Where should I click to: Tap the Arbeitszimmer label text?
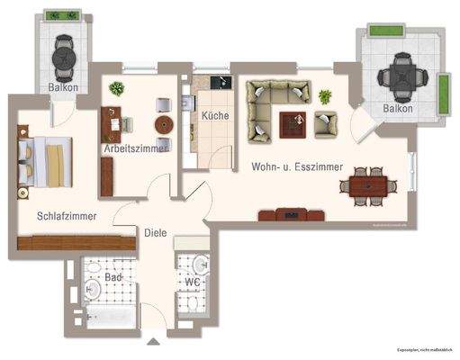coord(133,149)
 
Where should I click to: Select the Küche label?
coord(214,115)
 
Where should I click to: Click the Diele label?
coord(155,232)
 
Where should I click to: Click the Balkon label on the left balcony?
coord(63,87)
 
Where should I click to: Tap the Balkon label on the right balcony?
coord(397,109)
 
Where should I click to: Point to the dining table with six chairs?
coord(367,186)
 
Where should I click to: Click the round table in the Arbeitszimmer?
coord(164,124)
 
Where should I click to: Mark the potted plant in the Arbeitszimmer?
coord(117,88)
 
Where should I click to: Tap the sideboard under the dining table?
coord(291,214)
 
